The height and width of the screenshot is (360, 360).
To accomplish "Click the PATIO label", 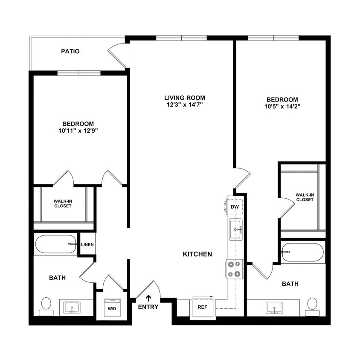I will (70, 52).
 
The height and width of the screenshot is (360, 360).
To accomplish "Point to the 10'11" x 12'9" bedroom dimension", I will (78, 131).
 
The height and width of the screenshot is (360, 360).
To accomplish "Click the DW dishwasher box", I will (235, 207).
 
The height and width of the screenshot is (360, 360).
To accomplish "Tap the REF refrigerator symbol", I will (203, 307).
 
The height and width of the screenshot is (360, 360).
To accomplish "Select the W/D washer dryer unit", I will (111, 308).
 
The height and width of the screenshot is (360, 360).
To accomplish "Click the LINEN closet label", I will (87, 245).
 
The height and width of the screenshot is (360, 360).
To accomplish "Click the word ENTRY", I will (148, 307).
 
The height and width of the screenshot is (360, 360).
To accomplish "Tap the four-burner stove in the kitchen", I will (234, 269).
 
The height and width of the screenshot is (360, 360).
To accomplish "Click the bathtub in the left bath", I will (56, 244).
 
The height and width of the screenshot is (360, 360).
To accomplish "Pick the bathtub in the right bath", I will (303, 252).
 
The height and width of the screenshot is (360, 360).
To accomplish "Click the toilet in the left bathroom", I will (46, 305).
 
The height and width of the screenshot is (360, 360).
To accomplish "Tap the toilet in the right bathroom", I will (312, 305).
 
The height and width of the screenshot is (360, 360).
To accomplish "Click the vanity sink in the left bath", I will (72, 307).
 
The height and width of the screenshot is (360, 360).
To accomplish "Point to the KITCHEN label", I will (197, 254).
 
